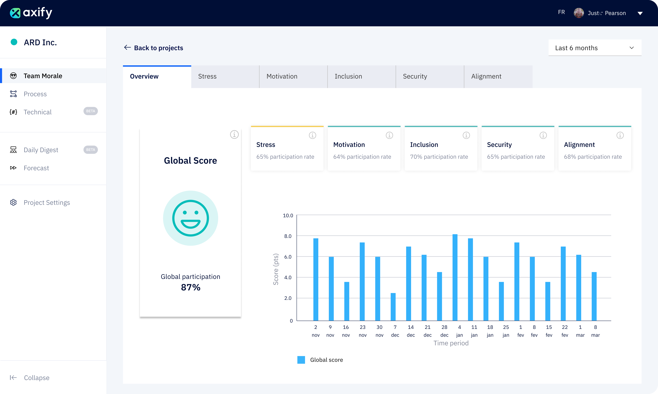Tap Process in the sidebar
[x=35, y=94]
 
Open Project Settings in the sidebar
[x=47, y=203]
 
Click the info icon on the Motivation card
[x=389, y=135]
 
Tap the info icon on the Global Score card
[x=234, y=135]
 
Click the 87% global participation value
[x=190, y=287]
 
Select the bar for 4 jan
[x=455, y=277]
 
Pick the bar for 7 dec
[x=393, y=307]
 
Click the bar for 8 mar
[x=594, y=296]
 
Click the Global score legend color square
[x=301, y=360]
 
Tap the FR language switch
[x=561, y=12]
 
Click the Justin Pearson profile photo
[x=579, y=13]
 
